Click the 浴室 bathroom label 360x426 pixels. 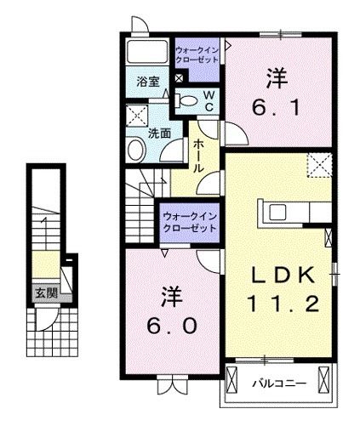[148, 82]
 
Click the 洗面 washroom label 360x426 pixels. [159, 133]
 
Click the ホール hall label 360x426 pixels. [197, 156]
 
